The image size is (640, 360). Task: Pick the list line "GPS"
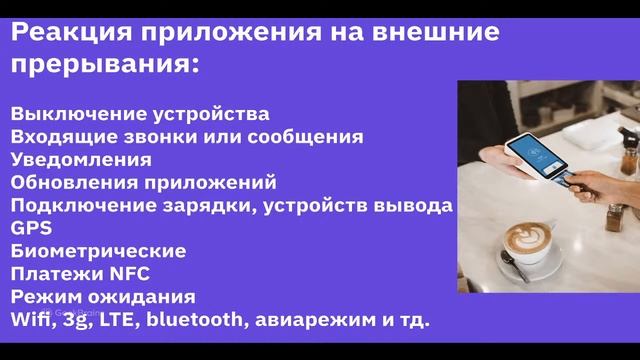click(31, 228)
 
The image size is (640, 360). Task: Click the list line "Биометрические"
click(98, 250)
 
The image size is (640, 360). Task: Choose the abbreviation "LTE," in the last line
click(124, 320)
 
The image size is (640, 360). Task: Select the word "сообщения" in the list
click(313, 136)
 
